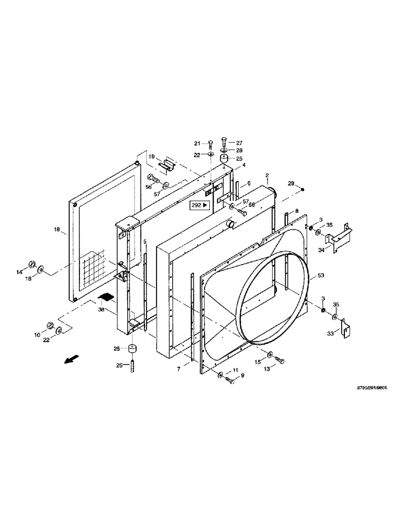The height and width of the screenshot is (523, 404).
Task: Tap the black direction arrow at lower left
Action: pyautogui.click(x=69, y=360)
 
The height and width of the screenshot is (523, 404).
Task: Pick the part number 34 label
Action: pyautogui.click(x=321, y=251)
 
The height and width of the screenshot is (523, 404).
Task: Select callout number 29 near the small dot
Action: pyautogui.click(x=291, y=183)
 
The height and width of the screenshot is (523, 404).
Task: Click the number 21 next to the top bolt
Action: pyautogui.click(x=197, y=143)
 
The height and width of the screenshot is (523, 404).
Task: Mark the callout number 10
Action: pyautogui.click(x=37, y=334)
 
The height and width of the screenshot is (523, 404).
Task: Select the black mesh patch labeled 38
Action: pyautogui.click(x=106, y=298)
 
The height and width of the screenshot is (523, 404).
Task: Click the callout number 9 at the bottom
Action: pyautogui.click(x=242, y=375)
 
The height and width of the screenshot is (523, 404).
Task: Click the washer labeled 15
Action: pyautogui.click(x=269, y=356)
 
